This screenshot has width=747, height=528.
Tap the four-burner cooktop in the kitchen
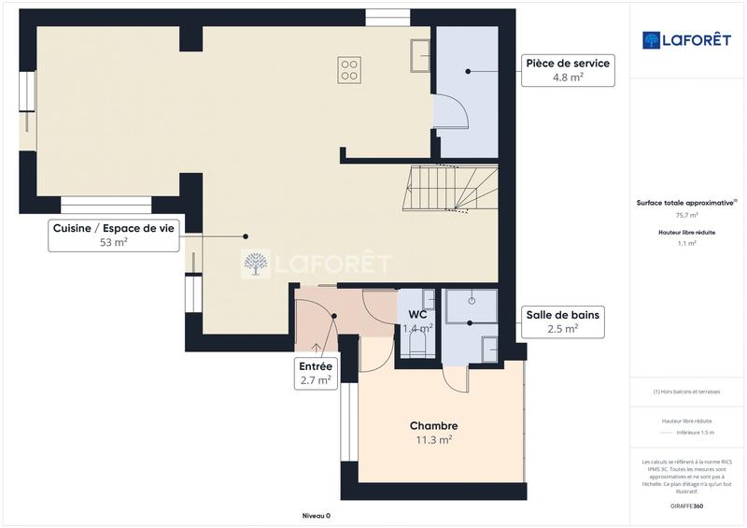pos(349,68)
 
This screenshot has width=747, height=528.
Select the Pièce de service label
pos(568,70)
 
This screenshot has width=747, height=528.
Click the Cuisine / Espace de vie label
pos(114,235)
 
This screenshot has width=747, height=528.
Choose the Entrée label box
pos(315,373)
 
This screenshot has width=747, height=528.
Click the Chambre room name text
pos(433,426)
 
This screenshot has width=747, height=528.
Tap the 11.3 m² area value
pos(433,439)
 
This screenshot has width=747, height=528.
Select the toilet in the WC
pos(417,345)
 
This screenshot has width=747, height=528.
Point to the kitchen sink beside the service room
pos(419,55)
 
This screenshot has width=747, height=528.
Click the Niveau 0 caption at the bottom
pos(317,515)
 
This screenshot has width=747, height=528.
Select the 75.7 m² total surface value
pos(687,214)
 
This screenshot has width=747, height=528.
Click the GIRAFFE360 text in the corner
pos(687,505)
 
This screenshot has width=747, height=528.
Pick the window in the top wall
pos(388,18)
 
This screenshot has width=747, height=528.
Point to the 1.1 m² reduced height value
pos(687,243)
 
